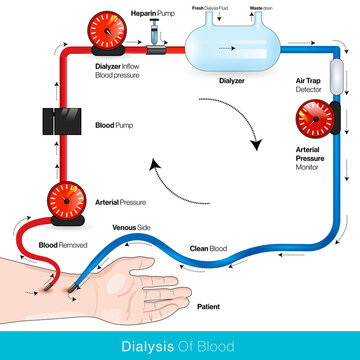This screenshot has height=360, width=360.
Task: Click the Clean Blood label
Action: (206, 248)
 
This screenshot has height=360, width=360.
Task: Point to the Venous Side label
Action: (132, 228)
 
